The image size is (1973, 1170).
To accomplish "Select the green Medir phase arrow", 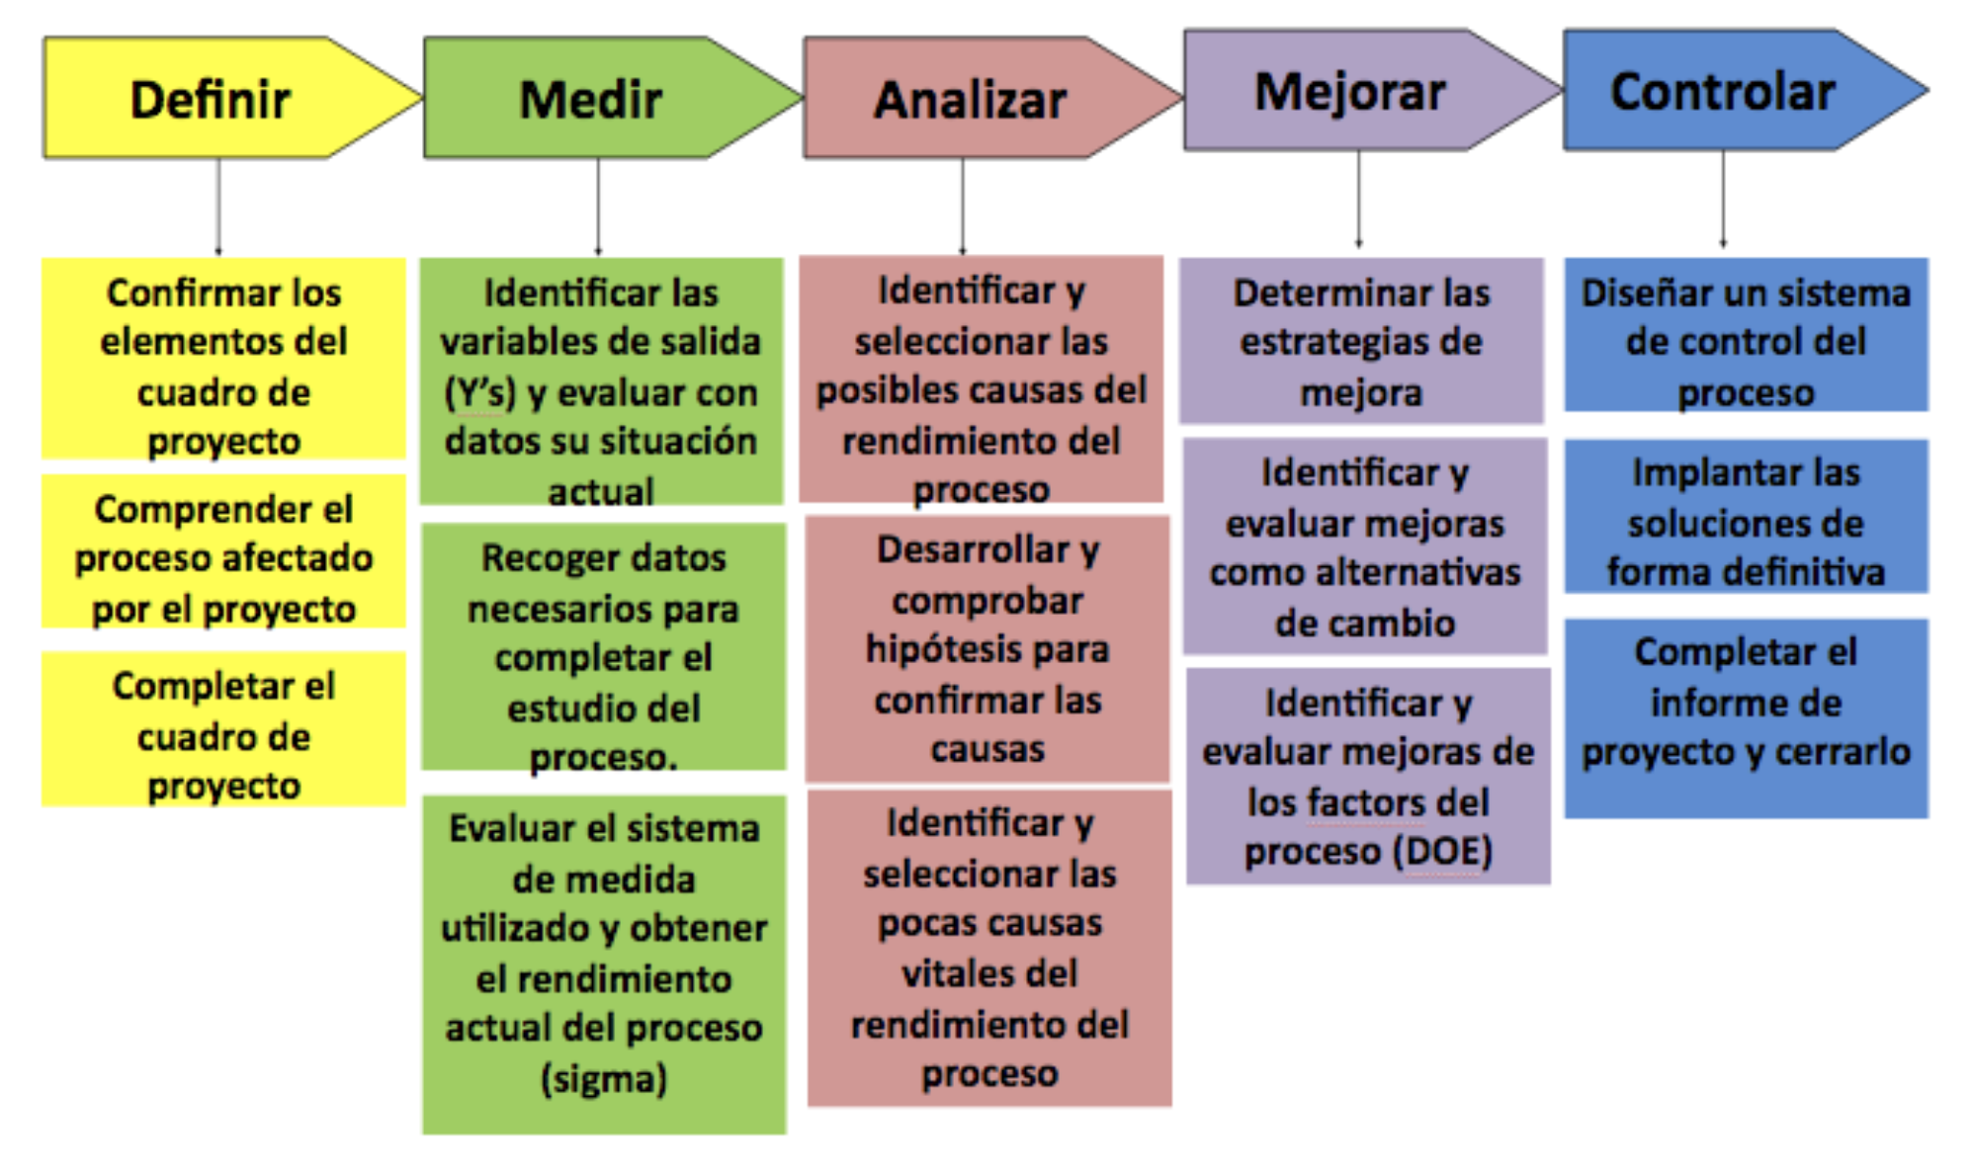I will pyautogui.click(x=591, y=99).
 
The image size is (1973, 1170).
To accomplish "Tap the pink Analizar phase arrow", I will pyautogui.click(x=970, y=100).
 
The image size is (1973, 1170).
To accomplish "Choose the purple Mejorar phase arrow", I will pyautogui.click(x=1349, y=92).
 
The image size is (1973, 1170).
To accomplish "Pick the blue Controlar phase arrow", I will pyautogui.click(x=1723, y=91).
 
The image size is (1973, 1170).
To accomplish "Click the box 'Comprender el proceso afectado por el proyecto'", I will pyautogui.click(x=223, y=557).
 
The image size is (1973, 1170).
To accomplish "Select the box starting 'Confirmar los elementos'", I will pyautogui.click(x=223, y=366).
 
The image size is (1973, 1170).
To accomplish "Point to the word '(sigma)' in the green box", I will pyautogui.click(x=604, y=1078).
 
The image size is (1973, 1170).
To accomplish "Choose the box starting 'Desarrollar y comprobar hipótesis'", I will pyautogui.click(x=987, y=648).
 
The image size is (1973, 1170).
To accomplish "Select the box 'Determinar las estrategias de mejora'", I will pyautogui.click(x=1361, y=341).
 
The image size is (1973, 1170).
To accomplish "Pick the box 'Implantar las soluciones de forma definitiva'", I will pyautogui.click(x=1746, y=521).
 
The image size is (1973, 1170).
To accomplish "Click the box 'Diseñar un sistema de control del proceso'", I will pyautogui.click(x=1746, y=341).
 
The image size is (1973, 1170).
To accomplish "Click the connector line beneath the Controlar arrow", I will pyautogui.click(x=1723, y=198).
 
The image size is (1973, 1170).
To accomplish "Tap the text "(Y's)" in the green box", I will pyautogui.click(x=480, y=392).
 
